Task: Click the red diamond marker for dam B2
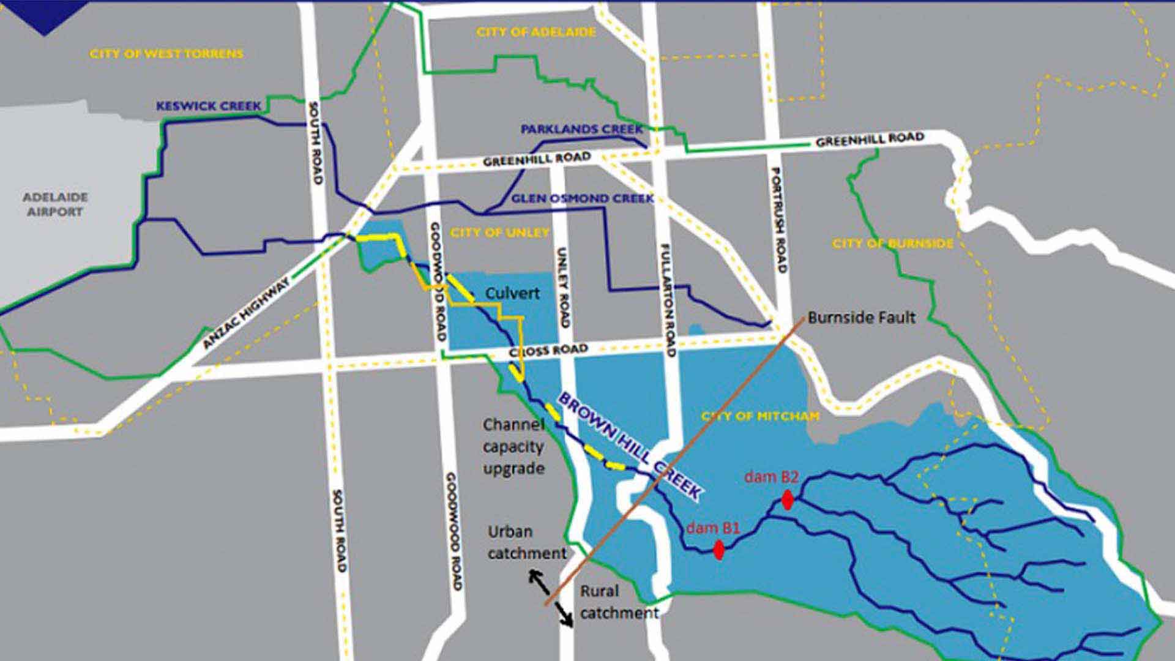click(788, 500)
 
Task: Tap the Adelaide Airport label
click(55, 204)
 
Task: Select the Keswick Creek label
click(209, 106)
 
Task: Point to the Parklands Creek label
click(581, 129)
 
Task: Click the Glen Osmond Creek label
click(582, 198)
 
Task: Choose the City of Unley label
click(500, 233)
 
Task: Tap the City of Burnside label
click(892, 244)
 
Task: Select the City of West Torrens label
click(166, 54)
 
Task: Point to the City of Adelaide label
click(536, 32)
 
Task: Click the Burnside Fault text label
click(861, 318)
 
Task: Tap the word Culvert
click(512, 293)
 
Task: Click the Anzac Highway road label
click(247, 313)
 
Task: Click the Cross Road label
click(548, 351)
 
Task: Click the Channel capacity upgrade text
click(513, 447)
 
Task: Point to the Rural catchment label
click(619, 602)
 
